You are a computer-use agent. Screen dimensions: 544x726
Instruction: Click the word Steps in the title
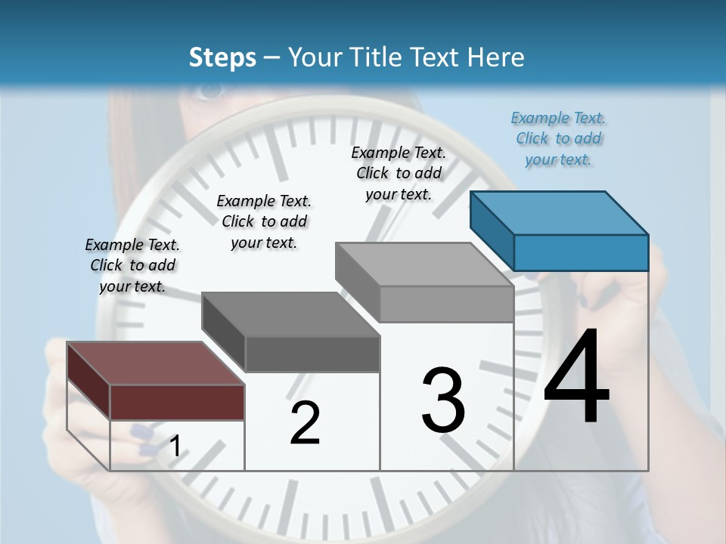(x=222, y=57)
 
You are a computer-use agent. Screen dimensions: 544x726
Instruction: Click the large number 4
(x=576, y=378)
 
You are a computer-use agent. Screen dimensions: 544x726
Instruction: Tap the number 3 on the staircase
(x=443, y=400)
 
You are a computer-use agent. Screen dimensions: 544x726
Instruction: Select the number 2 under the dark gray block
(x=305, y=424)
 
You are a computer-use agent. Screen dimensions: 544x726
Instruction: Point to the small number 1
(x=175, y=447)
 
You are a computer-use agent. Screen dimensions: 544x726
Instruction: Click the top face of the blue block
(x=559, y=212)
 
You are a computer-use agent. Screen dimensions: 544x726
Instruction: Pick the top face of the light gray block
(x=424, y=264)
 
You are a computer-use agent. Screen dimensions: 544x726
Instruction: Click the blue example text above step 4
(x=558, y=138)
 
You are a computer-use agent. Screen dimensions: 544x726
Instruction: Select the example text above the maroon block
(x=132, y=265)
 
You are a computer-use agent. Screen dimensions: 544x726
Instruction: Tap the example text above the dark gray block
(x=264, y=221)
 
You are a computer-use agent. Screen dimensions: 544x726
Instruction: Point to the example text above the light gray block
(x=399, y=173)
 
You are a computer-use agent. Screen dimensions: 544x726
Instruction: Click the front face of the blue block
(x=581, y=252)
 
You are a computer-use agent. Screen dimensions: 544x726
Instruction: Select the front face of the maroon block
(x=177, y=402)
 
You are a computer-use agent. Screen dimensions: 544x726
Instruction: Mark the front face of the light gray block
(x=446, y=304)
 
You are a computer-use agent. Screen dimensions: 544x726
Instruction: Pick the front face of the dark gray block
(x=312, y=354)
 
